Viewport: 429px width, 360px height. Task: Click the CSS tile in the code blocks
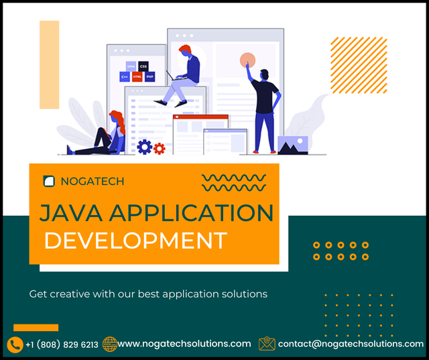coord(143,67)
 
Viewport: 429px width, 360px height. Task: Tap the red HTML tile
coord(137,77)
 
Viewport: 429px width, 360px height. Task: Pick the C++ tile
coord(125,77)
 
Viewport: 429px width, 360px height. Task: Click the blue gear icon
coord(144,146)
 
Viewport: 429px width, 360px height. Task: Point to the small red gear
coord(159,148)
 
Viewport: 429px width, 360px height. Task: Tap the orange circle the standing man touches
coord(247,60)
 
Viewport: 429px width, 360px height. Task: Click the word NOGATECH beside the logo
coord(92,181)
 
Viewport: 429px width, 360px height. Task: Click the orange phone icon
coord(15,345)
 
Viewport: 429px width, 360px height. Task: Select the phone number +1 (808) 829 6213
coord(62,345)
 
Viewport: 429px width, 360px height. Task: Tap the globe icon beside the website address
coord(110,344)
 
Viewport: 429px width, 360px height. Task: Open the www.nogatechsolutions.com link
coord(184,344)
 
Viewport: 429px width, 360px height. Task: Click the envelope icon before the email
coord(267,344)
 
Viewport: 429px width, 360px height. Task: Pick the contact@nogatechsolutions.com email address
coord(351,344)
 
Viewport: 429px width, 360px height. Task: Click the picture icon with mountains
coord(293,144)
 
